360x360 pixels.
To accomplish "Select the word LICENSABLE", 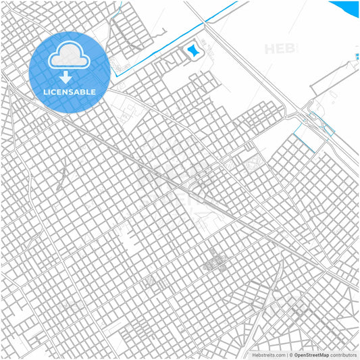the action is tap(69, 91).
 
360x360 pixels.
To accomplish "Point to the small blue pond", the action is tap(195, 49).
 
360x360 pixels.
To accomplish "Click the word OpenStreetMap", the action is tap(311, 355).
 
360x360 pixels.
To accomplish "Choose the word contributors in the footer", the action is tap(343, 355).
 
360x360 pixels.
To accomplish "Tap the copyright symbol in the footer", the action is tap(290, 355).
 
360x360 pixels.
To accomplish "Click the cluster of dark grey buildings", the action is tap(215, 260).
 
